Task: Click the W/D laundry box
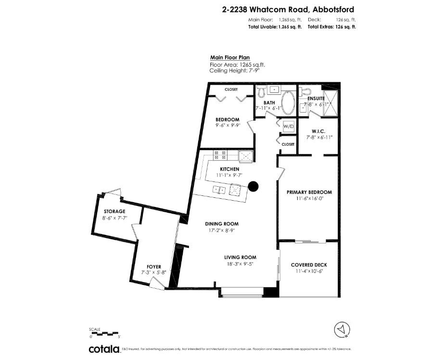[289, 127]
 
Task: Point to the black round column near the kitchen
[253, 186]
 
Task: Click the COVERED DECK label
[309, 265]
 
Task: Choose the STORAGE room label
[114, 211]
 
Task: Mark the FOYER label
[154, 267]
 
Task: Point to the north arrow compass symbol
[341, 329]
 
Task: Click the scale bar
[103, 333]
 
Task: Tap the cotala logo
[104, 349]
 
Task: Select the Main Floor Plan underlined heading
[230, 57]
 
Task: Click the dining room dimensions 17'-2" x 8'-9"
[222, 231]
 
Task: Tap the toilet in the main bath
[261, 90]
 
